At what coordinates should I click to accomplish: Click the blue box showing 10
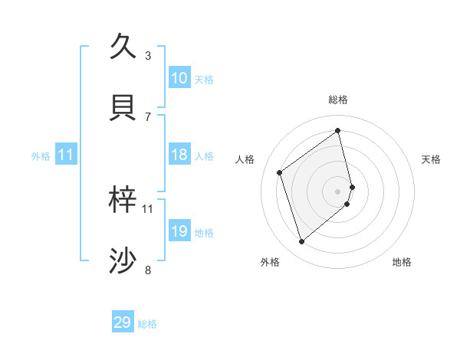tap(179, 78)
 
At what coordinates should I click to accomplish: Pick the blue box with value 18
tap(179, 155)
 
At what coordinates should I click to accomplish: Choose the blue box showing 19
tap(179, 231)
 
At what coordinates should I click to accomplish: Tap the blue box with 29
tap(123, 322)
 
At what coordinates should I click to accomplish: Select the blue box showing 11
tap(66, 155)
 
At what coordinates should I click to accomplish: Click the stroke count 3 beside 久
tap(148, 55)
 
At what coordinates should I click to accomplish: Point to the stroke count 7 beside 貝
tap(148, 116)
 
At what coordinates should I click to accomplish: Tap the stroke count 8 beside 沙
tap(148, 270)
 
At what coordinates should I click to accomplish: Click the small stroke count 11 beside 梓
tap(148, 208)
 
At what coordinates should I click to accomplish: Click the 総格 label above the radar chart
tap(338, 100)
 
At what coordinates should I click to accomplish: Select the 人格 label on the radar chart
tap(245, 159)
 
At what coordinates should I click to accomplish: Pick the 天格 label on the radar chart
tap(431, 159)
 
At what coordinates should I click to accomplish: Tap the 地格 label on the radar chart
tap(402, 262)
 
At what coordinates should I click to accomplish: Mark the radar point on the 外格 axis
tap(301, 242)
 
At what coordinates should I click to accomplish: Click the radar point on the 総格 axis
tap(338, 131)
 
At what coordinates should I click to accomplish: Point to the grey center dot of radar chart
tap(338, 191)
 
